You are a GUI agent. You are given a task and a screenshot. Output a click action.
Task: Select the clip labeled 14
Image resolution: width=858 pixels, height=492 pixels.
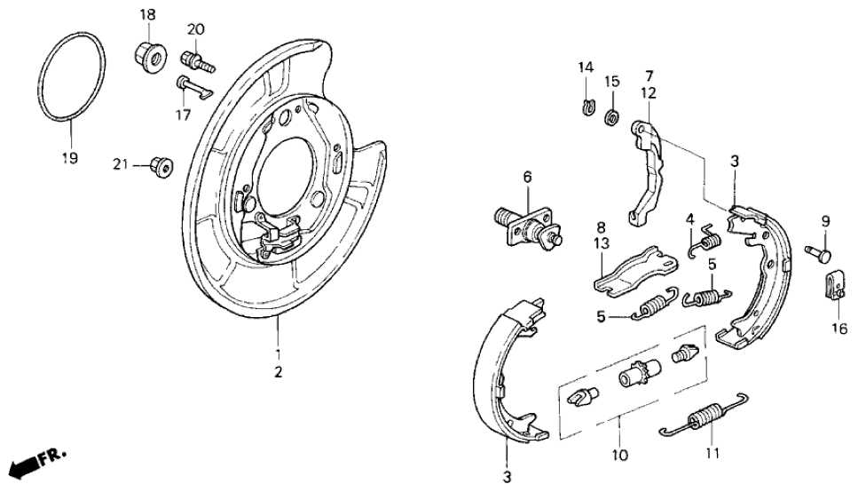pos(587,108)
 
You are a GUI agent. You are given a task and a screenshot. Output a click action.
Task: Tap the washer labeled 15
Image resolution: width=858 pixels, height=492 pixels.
pos(611,116)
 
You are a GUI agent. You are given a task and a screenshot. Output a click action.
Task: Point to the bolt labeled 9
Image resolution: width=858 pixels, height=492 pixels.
pos(821,254)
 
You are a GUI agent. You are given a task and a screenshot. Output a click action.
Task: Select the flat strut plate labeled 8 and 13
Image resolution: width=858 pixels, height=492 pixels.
pos(633,270)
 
